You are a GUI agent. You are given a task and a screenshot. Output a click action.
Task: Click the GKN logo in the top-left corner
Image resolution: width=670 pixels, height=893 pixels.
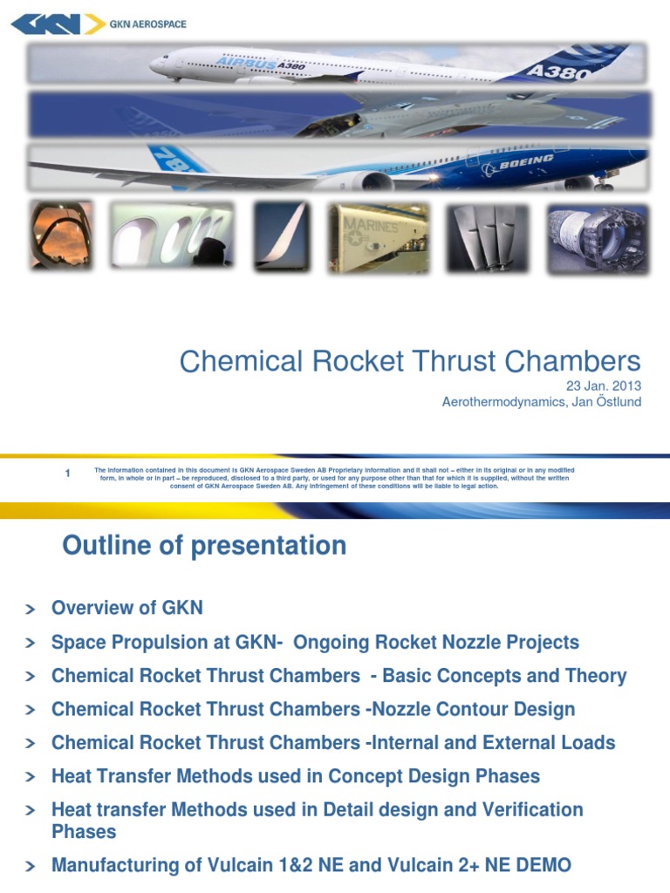point(57,24)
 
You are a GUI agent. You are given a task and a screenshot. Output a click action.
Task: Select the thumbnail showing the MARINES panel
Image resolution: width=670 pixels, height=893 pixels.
point(378,238)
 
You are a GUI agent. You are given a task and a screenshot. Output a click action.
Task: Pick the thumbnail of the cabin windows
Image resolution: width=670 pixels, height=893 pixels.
point(171,236)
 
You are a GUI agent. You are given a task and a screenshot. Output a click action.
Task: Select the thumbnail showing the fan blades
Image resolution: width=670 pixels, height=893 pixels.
point(488,238)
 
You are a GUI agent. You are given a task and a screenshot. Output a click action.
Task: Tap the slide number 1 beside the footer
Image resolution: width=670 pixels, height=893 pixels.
point(67,474)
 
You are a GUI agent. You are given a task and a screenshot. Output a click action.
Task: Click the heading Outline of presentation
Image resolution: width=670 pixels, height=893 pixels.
point(204,546)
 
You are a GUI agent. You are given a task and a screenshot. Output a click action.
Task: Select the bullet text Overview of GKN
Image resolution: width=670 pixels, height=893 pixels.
point(126,609)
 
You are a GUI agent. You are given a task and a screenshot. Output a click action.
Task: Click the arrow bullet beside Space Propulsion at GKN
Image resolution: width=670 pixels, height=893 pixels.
point(31,644)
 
